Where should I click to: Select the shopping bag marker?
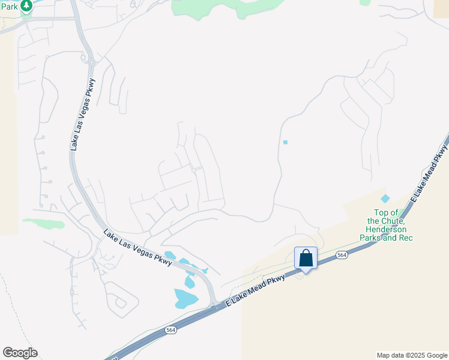pos(306,259)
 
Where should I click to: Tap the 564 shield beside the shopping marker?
pos(342,255)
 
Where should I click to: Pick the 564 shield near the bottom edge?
pos(171,329)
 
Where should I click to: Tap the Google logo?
pos(20,353)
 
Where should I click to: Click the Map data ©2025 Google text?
pos(412,355)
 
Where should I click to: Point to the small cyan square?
pos(285,142)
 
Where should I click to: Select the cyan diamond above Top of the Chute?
pos(385,199)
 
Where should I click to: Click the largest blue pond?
pos(185,298)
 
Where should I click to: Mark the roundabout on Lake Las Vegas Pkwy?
pos(91,62)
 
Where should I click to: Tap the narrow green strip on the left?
pos(44,223)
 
